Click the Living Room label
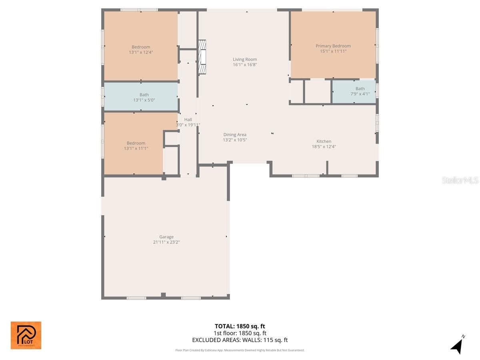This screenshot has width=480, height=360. tap(245, 59)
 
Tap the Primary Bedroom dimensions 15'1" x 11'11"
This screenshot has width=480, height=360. tap(333, 51)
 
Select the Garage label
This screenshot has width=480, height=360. tap(166, 237)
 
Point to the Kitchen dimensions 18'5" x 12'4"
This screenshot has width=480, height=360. tap(324, 146)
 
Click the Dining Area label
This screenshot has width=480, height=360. tap(235, 135)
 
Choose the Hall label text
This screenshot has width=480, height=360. tap(188, 119)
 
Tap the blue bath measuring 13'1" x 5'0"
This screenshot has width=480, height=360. tap(141, 97)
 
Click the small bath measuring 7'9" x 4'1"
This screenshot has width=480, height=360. tap(354, 92)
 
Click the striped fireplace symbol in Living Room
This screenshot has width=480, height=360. tap(202, 57)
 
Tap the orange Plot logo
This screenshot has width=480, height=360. tap(26, 335)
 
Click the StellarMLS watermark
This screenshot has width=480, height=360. tap(460, 180)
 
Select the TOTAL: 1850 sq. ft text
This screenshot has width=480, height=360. tap(240, 326)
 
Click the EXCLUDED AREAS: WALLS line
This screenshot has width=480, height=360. tap(240, 340)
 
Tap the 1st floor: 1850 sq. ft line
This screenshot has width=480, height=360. tap(240, 333)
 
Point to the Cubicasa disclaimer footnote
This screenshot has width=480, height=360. tap(240, 350)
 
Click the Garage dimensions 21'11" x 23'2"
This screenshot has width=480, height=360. tap(166, 242)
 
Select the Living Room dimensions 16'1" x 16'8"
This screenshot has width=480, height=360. tap(245, 64)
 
